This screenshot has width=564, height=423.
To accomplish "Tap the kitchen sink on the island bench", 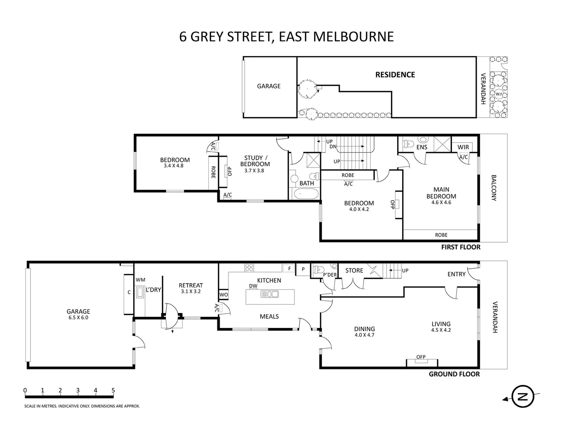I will (269, 294).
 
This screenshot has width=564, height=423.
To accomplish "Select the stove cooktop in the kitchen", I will (249, 268).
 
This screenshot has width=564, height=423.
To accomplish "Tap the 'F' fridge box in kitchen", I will (289, 269).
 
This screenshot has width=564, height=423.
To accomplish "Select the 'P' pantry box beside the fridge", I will (303, 269).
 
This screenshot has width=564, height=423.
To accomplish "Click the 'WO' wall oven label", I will (223, 295).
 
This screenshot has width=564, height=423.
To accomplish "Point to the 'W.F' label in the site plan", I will (498, 94).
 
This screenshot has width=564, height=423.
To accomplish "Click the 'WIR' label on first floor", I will (463, 147).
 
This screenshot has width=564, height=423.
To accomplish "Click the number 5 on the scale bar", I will (113, 390).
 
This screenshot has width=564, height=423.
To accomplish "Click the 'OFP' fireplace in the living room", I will (421, 357).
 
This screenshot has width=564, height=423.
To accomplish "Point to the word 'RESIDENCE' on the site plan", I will (395, 74).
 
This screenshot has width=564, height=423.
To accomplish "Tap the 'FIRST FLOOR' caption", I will (461, 247).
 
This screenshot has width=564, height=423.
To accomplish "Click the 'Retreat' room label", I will (191, 286).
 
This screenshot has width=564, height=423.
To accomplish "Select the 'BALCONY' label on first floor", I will (493, 188).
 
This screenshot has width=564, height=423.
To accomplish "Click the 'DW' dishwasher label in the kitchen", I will (253, 286).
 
